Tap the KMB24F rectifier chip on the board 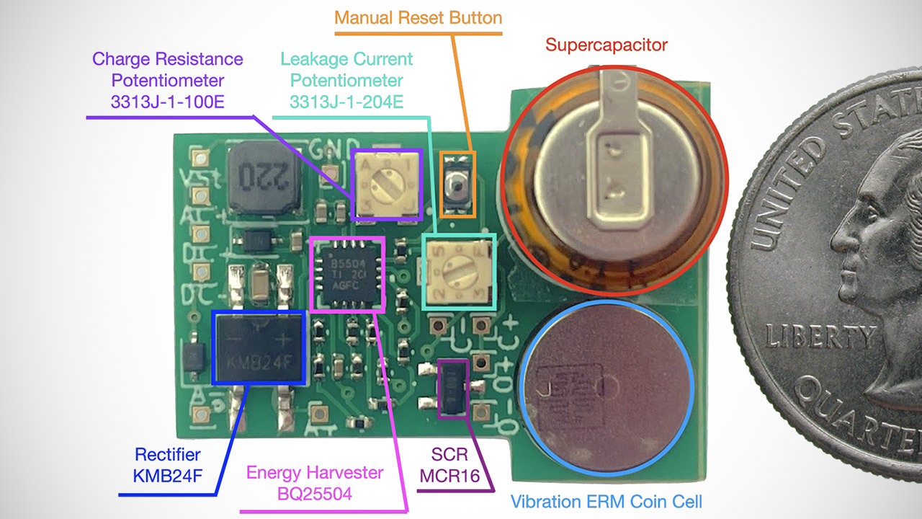coord(258,347)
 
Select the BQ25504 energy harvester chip coord(346,275)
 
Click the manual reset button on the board coord(457,186)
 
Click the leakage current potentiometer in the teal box coord(458,272)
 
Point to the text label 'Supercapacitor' coord(607,45)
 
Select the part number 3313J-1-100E coord(168,102)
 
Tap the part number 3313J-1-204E coord(346,102)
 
